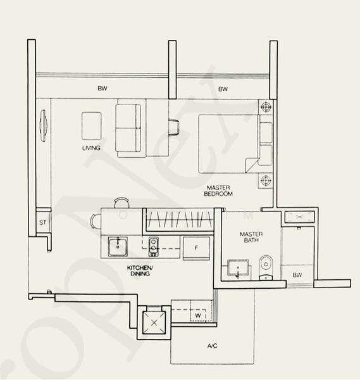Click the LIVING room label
91,148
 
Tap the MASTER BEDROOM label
217,191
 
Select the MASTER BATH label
251,237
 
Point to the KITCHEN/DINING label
140,272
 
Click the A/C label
213,346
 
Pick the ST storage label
42,223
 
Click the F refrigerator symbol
196,248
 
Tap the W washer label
198,315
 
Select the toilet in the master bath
265,265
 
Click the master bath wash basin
237,269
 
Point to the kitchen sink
116,247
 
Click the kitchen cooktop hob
153,244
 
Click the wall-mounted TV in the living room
43,123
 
